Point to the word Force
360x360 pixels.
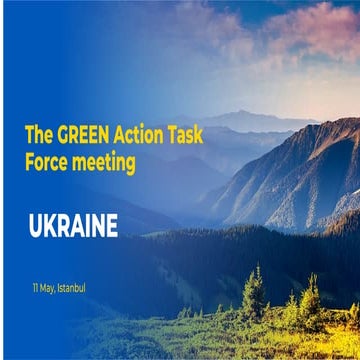tap(46, 161)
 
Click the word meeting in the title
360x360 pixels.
tap(104, 162)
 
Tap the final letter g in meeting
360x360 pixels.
tap(130, 164)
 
